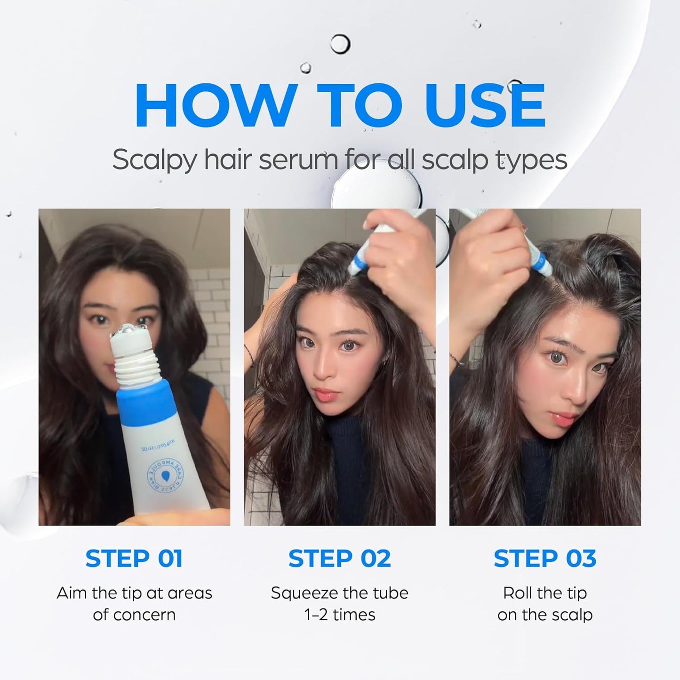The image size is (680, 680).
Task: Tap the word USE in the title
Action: [x=485, y=106]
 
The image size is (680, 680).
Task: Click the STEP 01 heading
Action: [x=134, y=559]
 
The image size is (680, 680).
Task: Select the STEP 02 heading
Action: [x=339, y=559]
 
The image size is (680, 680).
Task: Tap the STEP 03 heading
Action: [x=545, y=559]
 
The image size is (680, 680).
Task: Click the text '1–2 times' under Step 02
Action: [x=339, y=615]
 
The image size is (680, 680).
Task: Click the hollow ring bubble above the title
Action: [x=340, y=44]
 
